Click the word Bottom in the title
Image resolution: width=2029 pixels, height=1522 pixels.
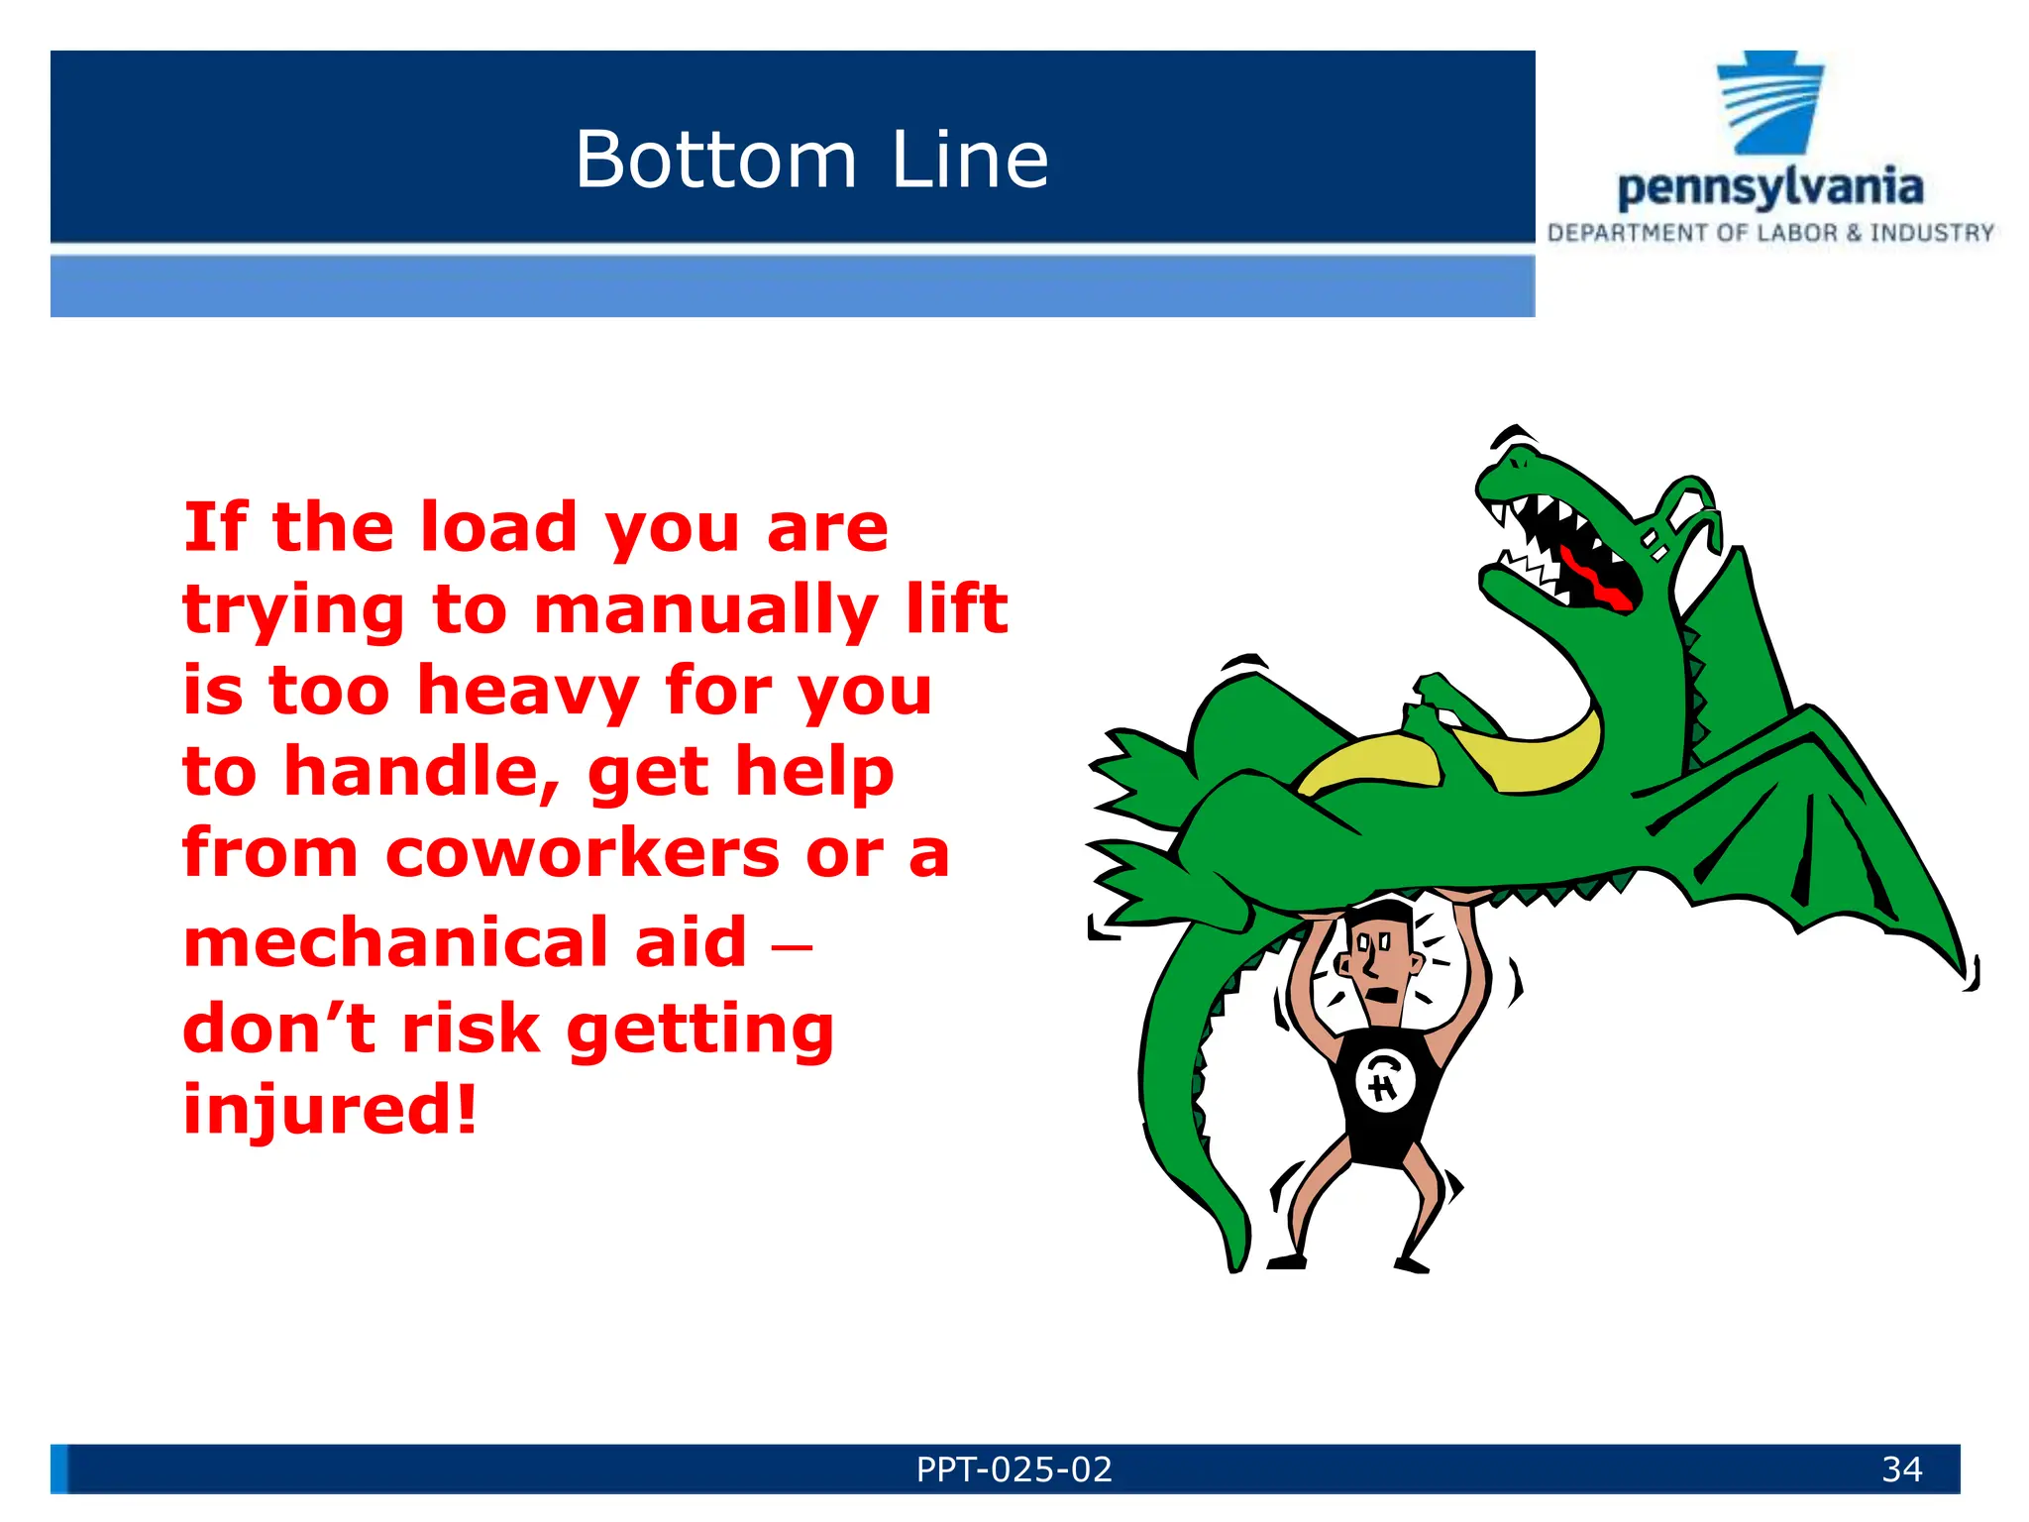[x=715, y=160]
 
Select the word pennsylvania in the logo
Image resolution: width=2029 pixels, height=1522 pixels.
[x=1770, y=187]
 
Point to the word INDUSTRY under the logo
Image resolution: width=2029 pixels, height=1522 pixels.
[x=1932, y=234]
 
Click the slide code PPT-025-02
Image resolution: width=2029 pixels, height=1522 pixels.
[x=1014, y=1469]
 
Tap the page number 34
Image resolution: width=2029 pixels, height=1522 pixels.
[x=1901, y=1469]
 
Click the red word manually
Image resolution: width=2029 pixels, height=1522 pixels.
[x=705, y=610]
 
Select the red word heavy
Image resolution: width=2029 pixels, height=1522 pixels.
[x=528, y=691]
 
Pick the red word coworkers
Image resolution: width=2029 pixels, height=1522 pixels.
[x=582, y=853]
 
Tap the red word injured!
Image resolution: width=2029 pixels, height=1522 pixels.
[x=330, y=1109]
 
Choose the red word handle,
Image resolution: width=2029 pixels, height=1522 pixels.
[x=423, y=772]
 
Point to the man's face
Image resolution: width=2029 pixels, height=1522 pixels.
[x=1378, y=960]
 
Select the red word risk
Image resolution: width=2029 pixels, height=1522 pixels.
[x=471, y=1028]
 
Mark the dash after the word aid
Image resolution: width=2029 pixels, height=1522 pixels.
[x=792, y=945]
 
